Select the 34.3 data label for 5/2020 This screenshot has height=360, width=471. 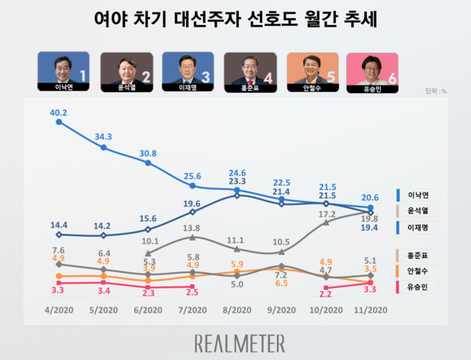[104, 136]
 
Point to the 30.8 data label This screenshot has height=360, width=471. [148, 153]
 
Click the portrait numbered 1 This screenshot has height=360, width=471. [64, 73]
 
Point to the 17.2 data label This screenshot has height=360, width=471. [327, 213]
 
